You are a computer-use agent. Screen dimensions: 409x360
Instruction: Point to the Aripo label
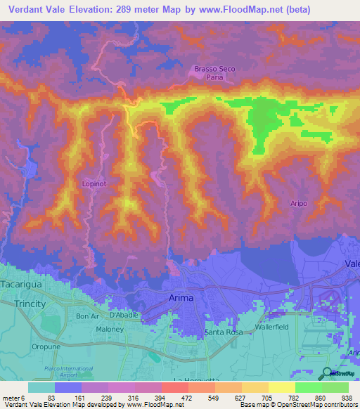pyautogui.click(x=299, y=203)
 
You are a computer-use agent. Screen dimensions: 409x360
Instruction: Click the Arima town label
pyautogui.click(x=182, y=298)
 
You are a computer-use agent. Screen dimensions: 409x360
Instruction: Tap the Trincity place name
pyautogui.click(x=30, y=304)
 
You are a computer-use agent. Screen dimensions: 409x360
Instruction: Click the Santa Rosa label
pyautogui.click(x=223, y=332)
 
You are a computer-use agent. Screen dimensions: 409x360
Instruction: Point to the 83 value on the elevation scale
pyautogui.click(x=51, y=398)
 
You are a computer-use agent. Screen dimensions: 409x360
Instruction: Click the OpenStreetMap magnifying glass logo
pyautogui.click(x=327, y=373)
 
